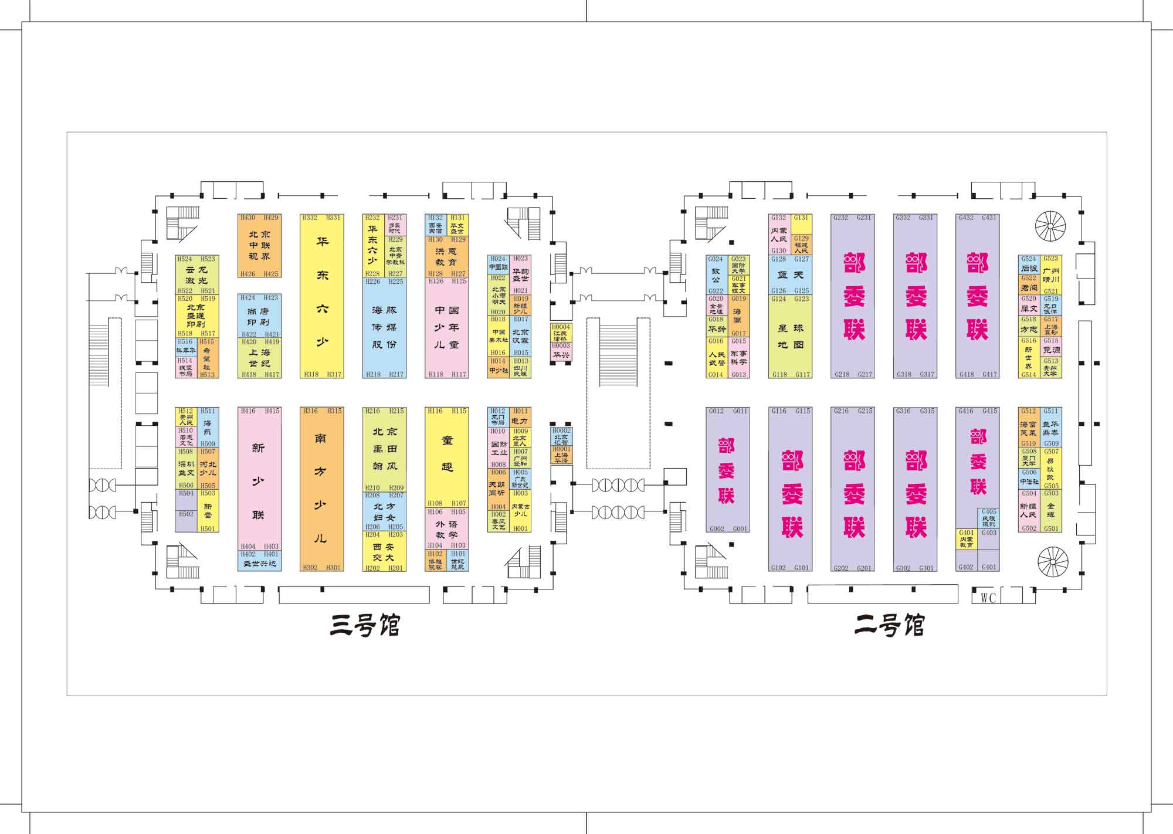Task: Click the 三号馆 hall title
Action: click(x=365, y=626)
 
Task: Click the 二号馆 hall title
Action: click(x=889, y=626)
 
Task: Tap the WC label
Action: click(x=988, y=598)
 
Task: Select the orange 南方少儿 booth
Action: click(x=321, y=489)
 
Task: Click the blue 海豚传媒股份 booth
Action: click(x=384, y=327)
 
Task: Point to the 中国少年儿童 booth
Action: click(x=446, y=327)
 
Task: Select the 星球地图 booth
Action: click(x=790, y=336)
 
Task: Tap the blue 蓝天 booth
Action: click(x=790, y=274)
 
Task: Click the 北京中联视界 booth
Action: click(x=259, y=245)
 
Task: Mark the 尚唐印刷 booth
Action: click(x=259, y=316)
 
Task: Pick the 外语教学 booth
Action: click(x=446, y=529)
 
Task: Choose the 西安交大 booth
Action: click(x=384, y=552)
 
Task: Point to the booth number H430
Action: click(x=248, y=218)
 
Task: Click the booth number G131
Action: click(x=801, y=218)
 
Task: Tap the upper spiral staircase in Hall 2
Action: click(x=1051, y=226)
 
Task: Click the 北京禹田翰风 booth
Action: click(x=384, y=449)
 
